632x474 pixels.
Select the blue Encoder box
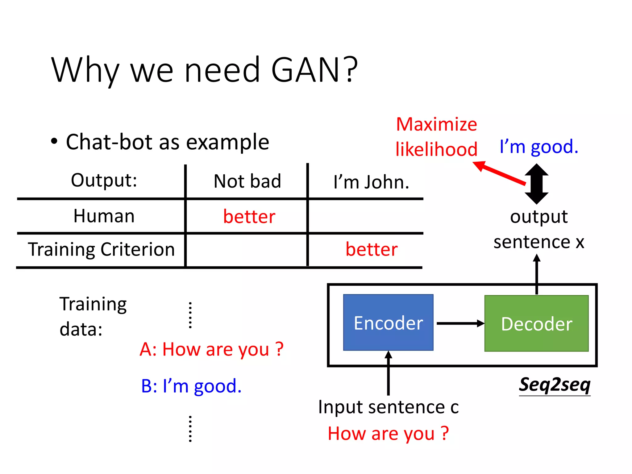pyautogui.click(x=388, y=322)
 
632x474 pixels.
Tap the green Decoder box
pyautogui.click(x=536, y=323)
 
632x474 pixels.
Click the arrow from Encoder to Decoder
pyautogui.click(x=460, y=323)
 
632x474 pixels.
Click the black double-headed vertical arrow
pyautogui.click(x=537, y=184)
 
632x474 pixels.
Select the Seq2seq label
pyautogui.click(x=555, y=385)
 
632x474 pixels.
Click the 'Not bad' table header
pyautogui.click(x=247, y=181)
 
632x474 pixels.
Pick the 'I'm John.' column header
pyautogui.click(x=371, y=182)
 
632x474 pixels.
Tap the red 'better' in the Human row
pyautogui.click(x=249, y=216)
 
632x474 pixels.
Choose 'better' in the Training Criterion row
pyautogui.click(x=371, y=249)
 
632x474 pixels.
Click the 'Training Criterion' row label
pyautogui.click(x=101, y=249)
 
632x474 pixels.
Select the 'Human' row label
pyautogui.click(x=104, y=216)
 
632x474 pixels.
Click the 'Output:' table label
pyautogui.click(x=104, y=180)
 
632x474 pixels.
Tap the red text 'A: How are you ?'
pyautogui.click(x=211, y=349)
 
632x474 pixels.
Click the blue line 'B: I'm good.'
pyautogui.click(x=191, y=386)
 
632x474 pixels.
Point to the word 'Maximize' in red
pyautogui.click(x=436, y=124)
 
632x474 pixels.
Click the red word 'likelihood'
pyautogui.click(x=436, y=149)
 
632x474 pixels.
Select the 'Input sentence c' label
pyautogui.click(x=388, y=407)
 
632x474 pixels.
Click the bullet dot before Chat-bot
pyautogui.click(x=54, y=142)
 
